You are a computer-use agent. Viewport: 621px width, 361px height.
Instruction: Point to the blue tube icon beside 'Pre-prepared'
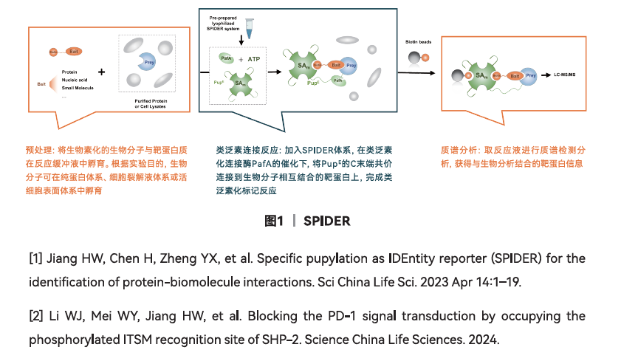[252, 27]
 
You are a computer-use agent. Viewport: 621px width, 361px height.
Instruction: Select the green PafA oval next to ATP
[226, 57]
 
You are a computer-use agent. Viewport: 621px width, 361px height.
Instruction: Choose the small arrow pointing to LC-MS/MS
[546, 75]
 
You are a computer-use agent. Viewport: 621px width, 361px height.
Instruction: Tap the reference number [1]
[35, 258]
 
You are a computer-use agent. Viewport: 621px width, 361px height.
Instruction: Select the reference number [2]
[35, 316]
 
